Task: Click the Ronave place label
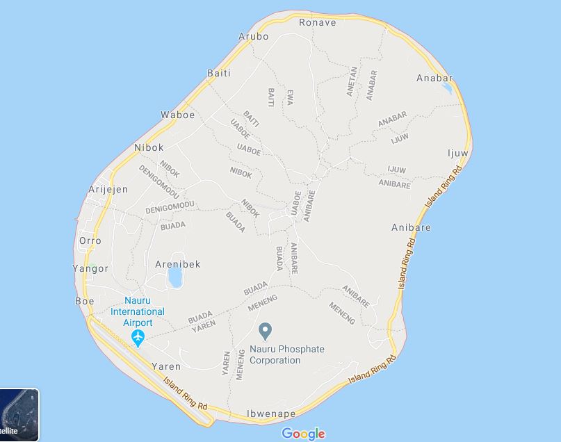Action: pos(317,22)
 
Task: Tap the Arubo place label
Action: pos(253,36)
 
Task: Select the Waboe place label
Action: pos(177,115)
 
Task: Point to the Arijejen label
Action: pos(108,189)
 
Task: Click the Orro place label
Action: pos(90,240)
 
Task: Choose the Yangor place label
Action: pos(90,268)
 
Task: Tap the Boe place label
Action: pos(84,301)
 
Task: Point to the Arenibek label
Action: pos(177,264)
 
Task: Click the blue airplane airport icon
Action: pos(138,338)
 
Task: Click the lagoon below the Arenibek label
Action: pos(175,278)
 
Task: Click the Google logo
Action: pos(303,434)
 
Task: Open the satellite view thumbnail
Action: pos(19,415)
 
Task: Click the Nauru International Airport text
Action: pos(138,311)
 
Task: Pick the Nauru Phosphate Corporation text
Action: pos(286,354)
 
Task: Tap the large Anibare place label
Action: pos(411,227)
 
